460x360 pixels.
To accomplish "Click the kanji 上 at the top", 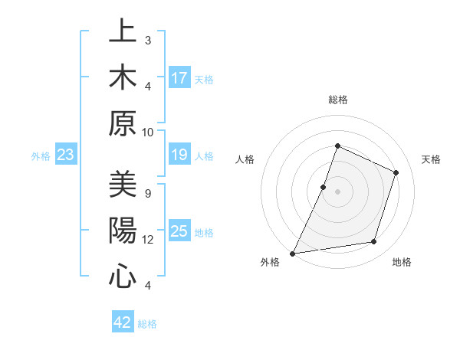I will tap(123, 31).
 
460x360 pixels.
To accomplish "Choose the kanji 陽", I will tap(123, 231).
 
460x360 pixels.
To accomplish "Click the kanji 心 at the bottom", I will tap(123, 276).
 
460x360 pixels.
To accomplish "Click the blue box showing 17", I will tap(179, 77).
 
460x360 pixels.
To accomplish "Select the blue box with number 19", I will tap(179, 155).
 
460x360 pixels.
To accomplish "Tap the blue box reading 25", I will tap(179, 231).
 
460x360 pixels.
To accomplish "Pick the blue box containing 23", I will tap(65, 155).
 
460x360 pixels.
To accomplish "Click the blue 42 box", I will tap(123, 322).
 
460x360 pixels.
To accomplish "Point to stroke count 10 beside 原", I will tap(148, 132).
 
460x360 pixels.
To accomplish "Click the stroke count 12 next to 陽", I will tap(148, 240).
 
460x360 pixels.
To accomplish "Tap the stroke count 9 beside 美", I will tap(148, 193).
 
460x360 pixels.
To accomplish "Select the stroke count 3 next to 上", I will tap(148, 40).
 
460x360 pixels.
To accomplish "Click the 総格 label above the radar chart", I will tap(337, 100).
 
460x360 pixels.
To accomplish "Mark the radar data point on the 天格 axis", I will tap(396, 172).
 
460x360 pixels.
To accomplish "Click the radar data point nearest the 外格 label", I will tap(293, 253).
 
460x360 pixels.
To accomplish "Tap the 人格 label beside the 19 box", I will tap(204, 155).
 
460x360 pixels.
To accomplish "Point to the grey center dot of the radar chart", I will tap(337, 191).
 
